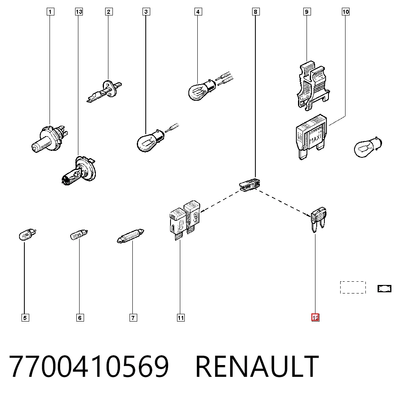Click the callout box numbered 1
tap(50, 12)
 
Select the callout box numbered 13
tap(79, 12)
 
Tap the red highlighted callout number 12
tap(315, 317)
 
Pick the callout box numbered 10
tap(346, 12)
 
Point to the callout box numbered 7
tap(133, 317)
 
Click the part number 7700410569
tap(89, 366)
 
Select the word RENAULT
tap(257, 366)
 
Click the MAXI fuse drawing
tap(311, 137)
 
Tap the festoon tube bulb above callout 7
tap(130, 236)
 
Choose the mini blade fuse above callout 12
tap(318, 219)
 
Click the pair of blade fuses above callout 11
tap(185, 220)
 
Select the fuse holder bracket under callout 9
tap(313, 86)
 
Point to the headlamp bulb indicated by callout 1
tap(50, 139)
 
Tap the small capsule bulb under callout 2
tap(104, 91)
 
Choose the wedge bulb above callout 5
tap(28, 235)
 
